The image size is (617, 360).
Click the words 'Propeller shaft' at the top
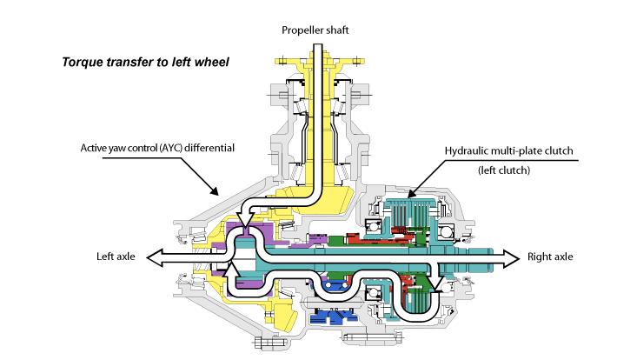tap(314, 30)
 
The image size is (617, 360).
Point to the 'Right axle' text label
tap(551, 257)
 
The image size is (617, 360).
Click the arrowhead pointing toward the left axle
tap(153, 257)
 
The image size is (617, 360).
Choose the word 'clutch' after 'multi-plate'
tap(562, 150)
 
